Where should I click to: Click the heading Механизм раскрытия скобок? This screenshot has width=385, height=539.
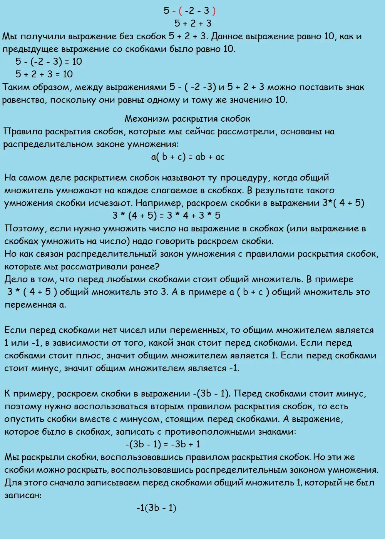pos(187,119)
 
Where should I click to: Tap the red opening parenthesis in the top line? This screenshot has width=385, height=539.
pos(180,11)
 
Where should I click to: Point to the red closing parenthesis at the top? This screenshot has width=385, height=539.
pos(214,11)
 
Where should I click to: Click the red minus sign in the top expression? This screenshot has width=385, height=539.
pos(174,11)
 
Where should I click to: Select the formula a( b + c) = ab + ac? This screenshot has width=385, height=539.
pos(188,157)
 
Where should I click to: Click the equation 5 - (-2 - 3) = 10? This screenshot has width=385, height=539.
pos(49,62)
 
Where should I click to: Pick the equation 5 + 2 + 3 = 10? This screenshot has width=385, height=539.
pos(44,74)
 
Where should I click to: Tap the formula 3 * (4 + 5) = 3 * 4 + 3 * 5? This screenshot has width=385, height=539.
pos(166,215)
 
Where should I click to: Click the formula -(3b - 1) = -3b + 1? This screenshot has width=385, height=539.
pos(163,444)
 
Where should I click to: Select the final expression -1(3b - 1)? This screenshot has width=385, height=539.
pos(156,508)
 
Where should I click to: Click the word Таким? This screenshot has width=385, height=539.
pos(15,87)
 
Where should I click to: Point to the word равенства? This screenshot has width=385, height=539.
pos(24,100)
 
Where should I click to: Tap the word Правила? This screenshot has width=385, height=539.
pos(22,132)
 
